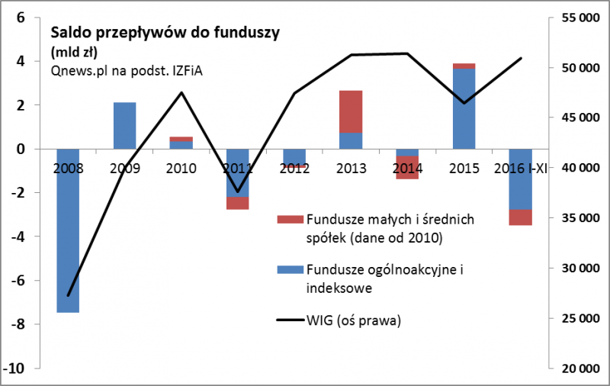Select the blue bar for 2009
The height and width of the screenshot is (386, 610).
[x=124, y=125]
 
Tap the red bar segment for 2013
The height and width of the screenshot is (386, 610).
[x=351, y=111]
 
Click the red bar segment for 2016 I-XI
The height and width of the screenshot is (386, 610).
[x=520, y=217]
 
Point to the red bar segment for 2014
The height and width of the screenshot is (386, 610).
[x=407, y=167]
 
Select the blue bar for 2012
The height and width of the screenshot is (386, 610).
[x=294, y=156]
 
